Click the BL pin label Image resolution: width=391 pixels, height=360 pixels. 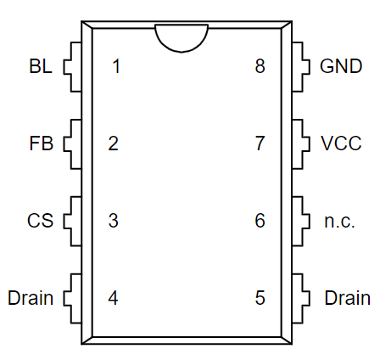pos(41,66)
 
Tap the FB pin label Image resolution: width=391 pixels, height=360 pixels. pos(41,143)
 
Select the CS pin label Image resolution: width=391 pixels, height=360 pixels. pos(40,221)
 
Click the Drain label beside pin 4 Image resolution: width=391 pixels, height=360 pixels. pos(31,298)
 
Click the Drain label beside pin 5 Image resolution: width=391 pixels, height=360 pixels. pos(348,298)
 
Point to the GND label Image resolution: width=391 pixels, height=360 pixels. pos(341,66)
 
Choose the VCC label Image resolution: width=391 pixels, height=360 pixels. pos(341,143)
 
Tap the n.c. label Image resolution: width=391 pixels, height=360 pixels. pos(339,221)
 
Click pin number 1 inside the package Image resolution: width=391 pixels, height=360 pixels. pos(116,66)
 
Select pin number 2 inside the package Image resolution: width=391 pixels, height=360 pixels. pos(114,143)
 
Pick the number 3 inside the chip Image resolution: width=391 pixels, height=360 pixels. pos(114,221)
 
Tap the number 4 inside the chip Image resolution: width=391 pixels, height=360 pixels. pos(113,298)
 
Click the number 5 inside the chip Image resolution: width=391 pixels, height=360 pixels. pos(260,298)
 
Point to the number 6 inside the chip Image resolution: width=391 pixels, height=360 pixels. pos(260,221)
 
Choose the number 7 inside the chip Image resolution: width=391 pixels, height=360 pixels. pos(260,143)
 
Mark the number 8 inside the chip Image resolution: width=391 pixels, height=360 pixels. pos(260,66)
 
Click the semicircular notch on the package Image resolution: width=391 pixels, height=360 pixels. pos(182,52)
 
